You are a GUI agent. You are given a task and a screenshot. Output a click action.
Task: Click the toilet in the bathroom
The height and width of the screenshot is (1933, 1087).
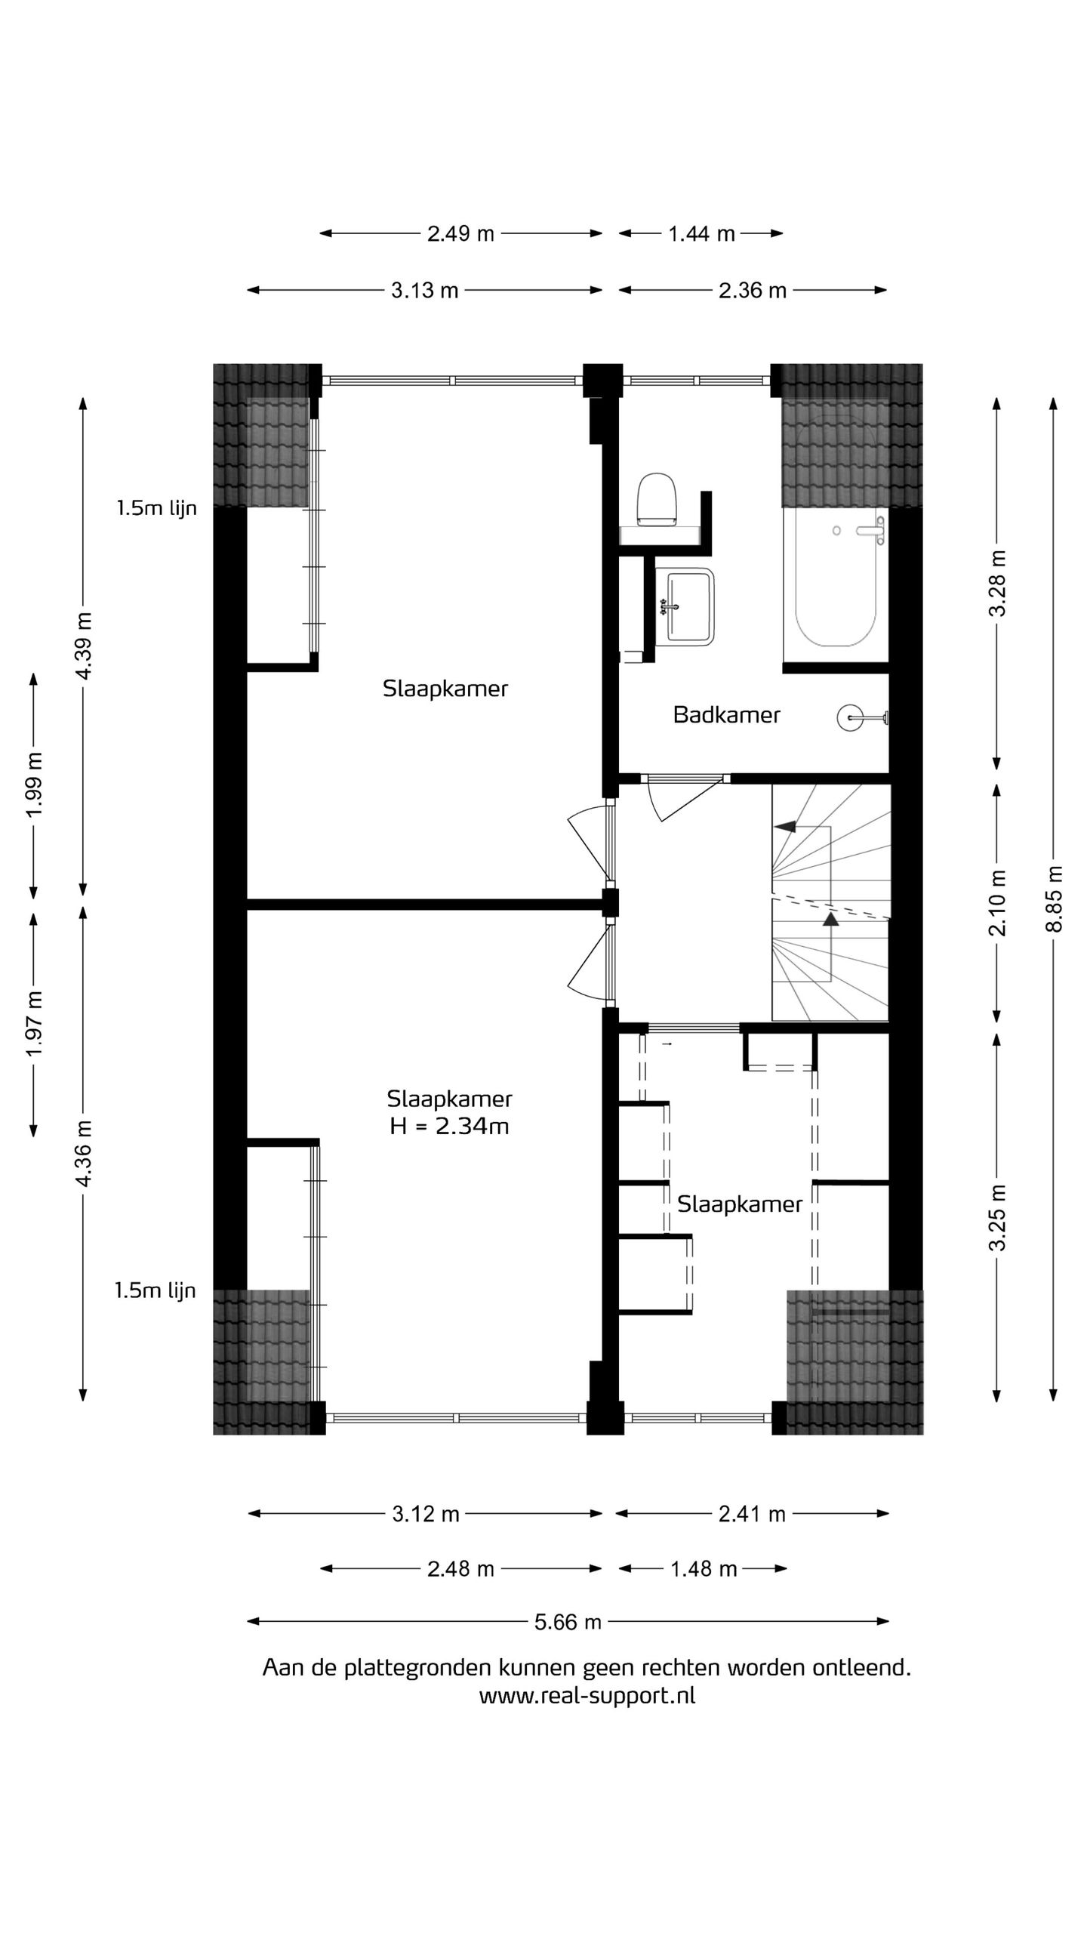click(x=655, y=500)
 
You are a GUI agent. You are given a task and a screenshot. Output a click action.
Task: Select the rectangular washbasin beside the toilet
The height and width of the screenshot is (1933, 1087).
click(x=685, y=606)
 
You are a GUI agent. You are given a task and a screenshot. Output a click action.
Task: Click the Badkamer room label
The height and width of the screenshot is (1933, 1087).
click(x=726, y=714)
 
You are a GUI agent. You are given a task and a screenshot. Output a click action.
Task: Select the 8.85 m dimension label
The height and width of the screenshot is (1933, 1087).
click(x=1054, y=899)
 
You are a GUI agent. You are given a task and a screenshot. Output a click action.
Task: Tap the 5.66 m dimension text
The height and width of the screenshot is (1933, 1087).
click(x=568, y=1621)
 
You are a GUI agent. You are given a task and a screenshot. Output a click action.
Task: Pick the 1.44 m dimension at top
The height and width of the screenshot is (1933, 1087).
click(x=701, y=234)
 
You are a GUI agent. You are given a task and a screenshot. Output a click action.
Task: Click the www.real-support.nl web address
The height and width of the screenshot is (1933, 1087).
click(x=587, y=1695)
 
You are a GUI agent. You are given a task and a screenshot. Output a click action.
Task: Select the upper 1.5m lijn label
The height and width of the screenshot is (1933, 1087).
click(x=156, y=508)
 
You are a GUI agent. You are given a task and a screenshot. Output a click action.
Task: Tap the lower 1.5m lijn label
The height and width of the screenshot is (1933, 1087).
click(x=155, y=1290)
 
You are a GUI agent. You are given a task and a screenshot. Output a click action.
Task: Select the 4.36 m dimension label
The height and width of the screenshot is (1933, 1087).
click(x=83, y=1153)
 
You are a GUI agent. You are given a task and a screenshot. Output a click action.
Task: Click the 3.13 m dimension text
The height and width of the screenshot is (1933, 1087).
click(x=424, y=291)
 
